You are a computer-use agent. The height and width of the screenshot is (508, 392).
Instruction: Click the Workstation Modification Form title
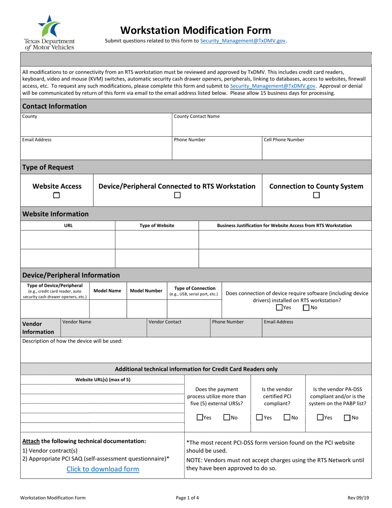196,30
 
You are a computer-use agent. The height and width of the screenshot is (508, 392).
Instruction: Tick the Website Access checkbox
57,196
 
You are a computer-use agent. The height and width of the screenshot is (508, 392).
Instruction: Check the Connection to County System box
316,196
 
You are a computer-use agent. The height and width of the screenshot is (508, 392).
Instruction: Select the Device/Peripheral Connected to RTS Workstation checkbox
177,196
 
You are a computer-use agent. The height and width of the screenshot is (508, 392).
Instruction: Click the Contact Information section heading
54,106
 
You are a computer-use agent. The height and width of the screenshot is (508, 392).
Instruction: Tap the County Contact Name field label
196,116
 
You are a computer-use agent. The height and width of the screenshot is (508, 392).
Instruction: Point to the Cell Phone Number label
284,140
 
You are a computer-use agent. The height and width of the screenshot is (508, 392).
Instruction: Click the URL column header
68,226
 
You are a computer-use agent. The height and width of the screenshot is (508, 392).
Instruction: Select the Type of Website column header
157,226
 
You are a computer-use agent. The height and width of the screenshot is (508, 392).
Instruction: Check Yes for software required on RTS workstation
279,307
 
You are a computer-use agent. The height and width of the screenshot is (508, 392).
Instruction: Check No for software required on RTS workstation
306,307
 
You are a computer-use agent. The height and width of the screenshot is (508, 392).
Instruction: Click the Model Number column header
146,291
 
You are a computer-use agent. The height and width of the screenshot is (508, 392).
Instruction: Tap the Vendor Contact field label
165,322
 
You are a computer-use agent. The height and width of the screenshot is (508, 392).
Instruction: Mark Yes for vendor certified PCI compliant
259,418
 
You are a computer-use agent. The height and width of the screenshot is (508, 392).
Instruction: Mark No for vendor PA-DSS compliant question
347,418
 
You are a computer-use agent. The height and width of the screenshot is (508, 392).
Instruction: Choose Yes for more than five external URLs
200,418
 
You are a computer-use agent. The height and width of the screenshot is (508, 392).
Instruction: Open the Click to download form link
103,469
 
